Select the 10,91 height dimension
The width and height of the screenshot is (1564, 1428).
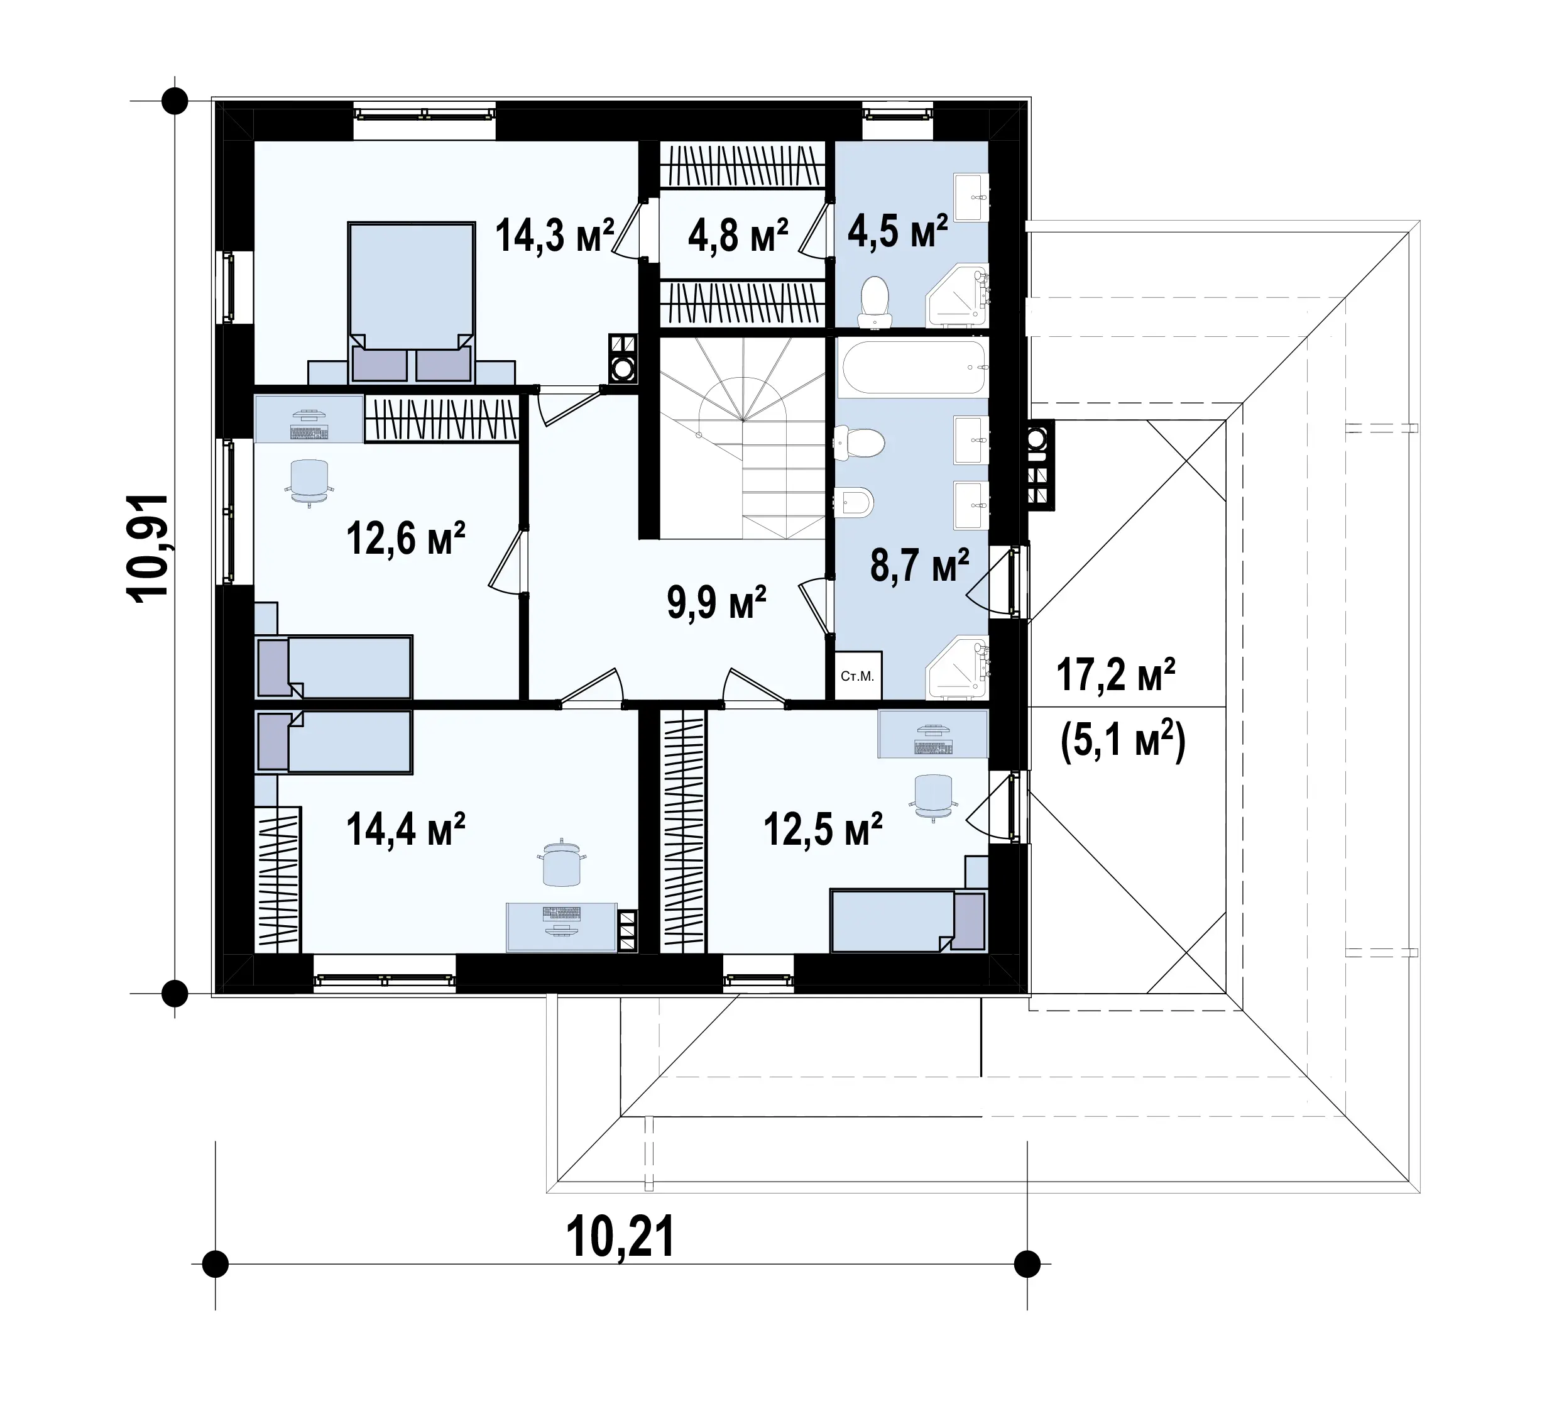point(148,548)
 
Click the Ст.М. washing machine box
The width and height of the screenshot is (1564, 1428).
point(858,675)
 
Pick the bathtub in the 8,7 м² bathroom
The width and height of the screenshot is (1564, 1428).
point(913,367)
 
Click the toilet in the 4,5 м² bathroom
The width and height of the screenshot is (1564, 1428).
point(875,301)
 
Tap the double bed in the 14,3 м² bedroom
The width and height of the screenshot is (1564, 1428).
point(411,303)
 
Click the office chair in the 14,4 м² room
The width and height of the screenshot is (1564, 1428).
point(562,863)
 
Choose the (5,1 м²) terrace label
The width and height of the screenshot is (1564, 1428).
point(1122,740)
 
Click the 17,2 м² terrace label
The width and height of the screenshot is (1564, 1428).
point(1115,674)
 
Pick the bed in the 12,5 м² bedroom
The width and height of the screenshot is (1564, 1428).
point(908,920)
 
